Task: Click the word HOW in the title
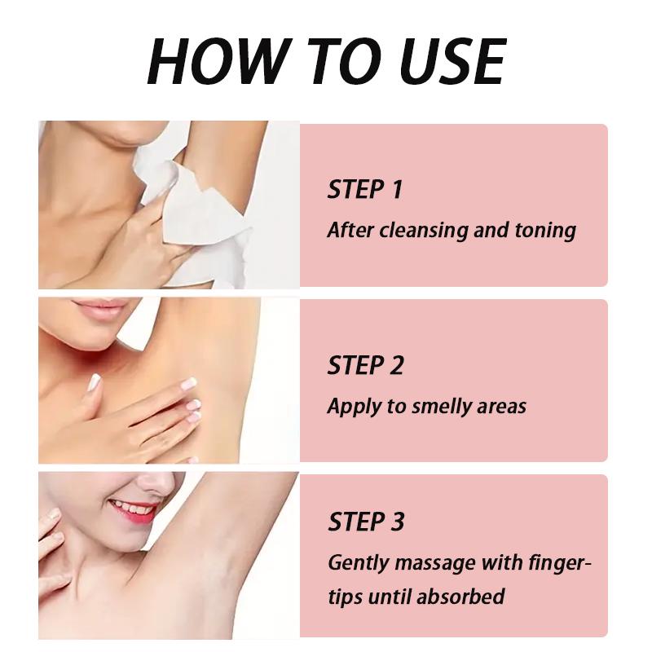pos(214,61)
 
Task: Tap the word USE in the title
pos(452,61)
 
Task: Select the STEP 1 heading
pos(365,189)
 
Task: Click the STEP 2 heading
pos(365,365)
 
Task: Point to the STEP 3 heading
pos(366,522)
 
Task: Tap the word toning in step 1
pos(545,231)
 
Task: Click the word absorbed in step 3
pos(460,597)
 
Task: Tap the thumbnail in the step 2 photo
pos(94,382)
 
